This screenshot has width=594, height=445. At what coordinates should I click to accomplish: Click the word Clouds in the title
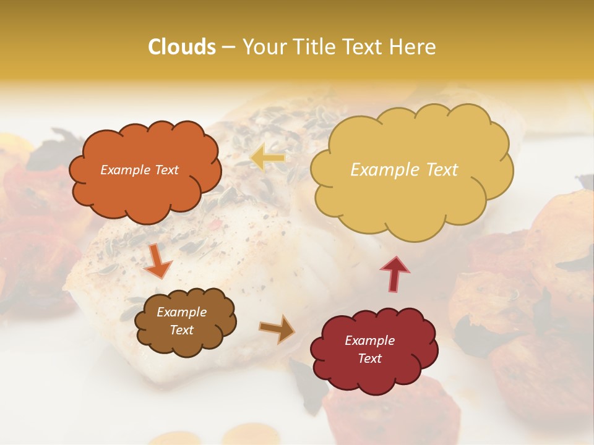(x=183, y=47)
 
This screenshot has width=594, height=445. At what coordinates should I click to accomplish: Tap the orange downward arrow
(x=158, y=261)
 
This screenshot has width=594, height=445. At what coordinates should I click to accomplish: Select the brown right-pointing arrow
(x=277, y=329)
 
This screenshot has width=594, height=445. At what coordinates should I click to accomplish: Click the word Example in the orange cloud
(x=125, y=170)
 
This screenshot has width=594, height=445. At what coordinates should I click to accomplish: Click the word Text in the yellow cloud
(x=439, y=170)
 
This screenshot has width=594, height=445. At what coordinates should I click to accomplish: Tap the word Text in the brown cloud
(x=182, y=330)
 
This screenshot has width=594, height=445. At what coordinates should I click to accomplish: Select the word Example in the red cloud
(x=369, y=341)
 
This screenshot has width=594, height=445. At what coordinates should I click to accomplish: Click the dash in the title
(x=228, y=47)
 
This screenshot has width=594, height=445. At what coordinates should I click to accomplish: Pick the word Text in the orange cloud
(x=166, y=170)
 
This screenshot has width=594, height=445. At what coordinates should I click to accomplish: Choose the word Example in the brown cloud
(x=182, y=312)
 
